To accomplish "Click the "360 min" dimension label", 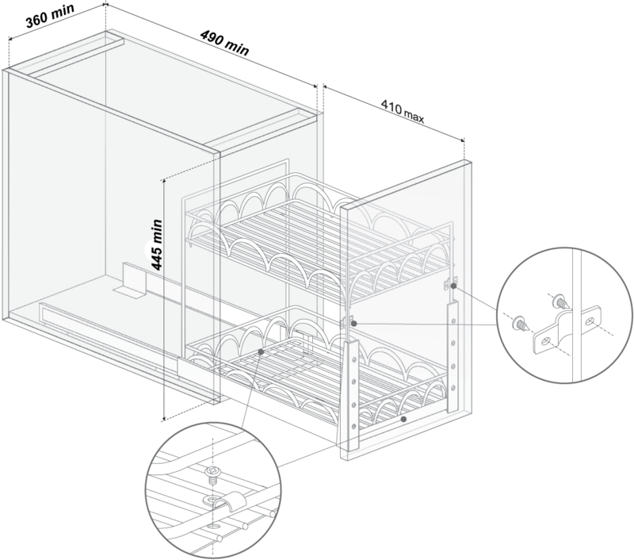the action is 50,16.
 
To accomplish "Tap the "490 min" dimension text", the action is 225,43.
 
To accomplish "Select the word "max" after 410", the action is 414,116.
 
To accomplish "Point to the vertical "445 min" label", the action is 156,244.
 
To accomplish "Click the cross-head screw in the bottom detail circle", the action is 212,473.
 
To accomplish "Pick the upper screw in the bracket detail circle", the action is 562,301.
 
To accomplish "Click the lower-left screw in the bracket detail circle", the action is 521,324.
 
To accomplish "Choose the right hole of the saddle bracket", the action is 590,321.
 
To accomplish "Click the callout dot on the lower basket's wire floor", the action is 262,351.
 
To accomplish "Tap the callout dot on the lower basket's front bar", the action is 403,419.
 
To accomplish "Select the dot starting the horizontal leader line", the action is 353,324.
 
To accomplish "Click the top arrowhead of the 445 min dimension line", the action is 164,182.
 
